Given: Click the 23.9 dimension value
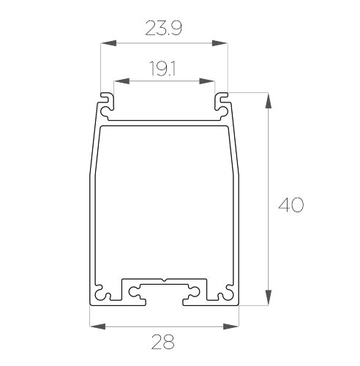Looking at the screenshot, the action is pos(164,28).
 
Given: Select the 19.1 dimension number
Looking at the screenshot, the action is pos(162,68).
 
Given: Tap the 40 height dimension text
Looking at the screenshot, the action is pos(291,204).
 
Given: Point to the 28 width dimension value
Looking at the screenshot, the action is pos(163,342).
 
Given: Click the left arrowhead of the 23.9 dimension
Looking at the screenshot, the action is pos(108,43).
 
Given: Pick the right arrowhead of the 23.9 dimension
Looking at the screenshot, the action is pos(220,43).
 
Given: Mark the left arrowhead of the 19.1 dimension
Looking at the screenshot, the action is pos(121,81).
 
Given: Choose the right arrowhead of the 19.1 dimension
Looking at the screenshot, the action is pos(207,81).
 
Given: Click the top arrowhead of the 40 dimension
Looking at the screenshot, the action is pos(269,100).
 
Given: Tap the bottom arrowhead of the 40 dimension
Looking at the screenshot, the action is pos(269,297).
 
